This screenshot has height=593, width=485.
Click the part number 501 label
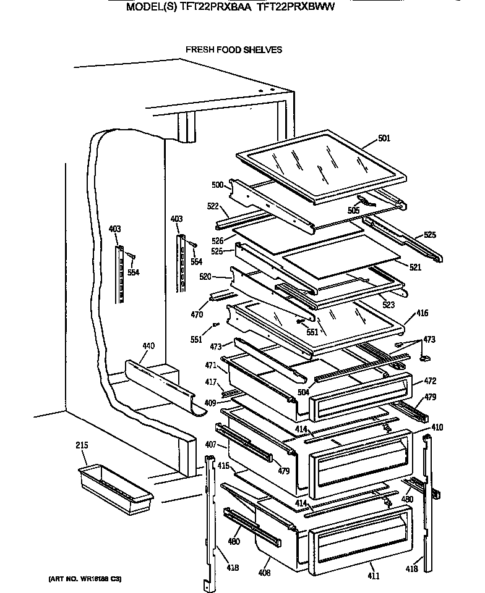(x=384, y=138)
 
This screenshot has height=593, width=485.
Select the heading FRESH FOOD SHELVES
(x=234, y=49)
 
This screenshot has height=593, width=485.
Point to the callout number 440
(x=148, y=346)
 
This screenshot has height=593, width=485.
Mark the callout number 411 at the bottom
(x=374, y=576)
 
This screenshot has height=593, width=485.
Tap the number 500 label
(x=217, y=185)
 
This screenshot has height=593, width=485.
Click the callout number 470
(x=197, y=314)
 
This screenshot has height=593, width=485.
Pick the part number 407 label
(x=210, y=444)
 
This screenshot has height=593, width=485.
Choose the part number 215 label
(x=82, y=444)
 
